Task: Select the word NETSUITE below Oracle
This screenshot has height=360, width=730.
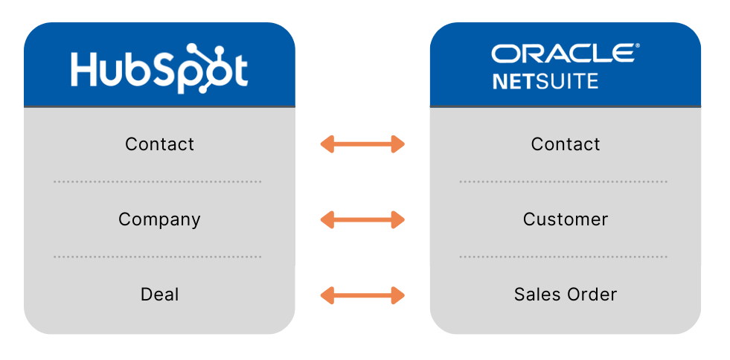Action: (x=545, y=80)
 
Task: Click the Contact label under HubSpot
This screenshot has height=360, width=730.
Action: (x=159, y=144)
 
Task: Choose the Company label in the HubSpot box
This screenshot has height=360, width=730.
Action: (x=159, y=219)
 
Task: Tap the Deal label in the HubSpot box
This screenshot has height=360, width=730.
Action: (x=159, y=295)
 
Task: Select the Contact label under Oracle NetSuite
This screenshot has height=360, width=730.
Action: (x=565, y=144)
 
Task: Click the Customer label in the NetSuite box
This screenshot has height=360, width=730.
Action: (x=565, y=219)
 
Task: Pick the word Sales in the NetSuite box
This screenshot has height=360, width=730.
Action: (x=536, y=295)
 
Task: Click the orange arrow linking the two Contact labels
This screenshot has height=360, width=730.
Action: (x=362, y=144)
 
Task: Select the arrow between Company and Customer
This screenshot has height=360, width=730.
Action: (x=362, y=219)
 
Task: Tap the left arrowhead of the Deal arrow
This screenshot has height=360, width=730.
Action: (x=327, y=295)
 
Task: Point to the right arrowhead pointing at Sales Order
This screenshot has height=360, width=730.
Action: (x=397, y=295)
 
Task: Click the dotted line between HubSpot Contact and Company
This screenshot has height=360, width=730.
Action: (x=157, y=181)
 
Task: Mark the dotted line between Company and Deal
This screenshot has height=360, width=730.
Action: (x=157, y=257)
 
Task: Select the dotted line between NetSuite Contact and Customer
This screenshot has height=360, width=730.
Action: (x=563, y=181)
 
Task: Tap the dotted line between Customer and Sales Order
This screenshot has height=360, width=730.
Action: (x=563, y=257)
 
